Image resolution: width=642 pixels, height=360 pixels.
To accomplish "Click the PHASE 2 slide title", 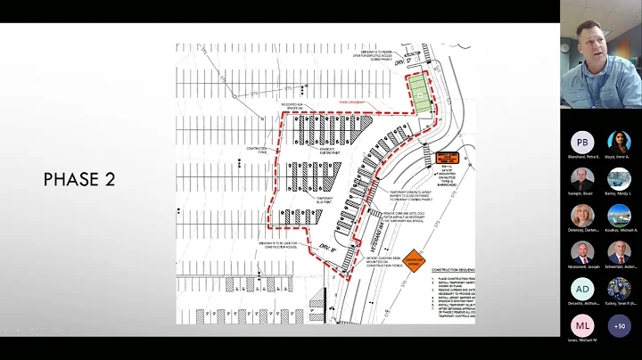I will pyautogui.click(x=78, y=179).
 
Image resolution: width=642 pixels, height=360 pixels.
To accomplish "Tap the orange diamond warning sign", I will pyautogui.click(x=413, y=259).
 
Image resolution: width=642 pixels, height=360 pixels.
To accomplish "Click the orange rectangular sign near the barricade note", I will pyautogui.click(x=448, y=159).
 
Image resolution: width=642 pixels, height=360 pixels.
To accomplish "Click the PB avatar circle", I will pyautogui.click(x=582, y=142).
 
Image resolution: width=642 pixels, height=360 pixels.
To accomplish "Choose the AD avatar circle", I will pyautogui.click(x=582, y=289).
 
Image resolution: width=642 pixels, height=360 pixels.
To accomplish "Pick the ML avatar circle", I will pyautogui.click(x=582, y=325).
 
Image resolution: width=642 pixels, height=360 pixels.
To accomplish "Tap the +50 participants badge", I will pyautogui.click(x=619, y=325).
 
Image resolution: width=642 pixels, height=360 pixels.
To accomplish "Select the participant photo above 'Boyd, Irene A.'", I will pyautogui.click(x=619, y=142).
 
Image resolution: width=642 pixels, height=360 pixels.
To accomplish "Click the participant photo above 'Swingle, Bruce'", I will pyautogui.click(x=582, y=178).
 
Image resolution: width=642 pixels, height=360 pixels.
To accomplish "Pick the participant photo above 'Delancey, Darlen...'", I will pyautogui.click(x=582, y=216).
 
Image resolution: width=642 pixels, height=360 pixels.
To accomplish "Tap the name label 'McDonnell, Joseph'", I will pyautogui.click(x=582, y=266).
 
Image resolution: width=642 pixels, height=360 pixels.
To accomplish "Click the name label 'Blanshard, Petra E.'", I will pyautogui.click(x=582, y=156).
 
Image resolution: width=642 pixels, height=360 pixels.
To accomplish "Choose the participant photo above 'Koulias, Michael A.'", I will pyautogui.click(x=619, y=216).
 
